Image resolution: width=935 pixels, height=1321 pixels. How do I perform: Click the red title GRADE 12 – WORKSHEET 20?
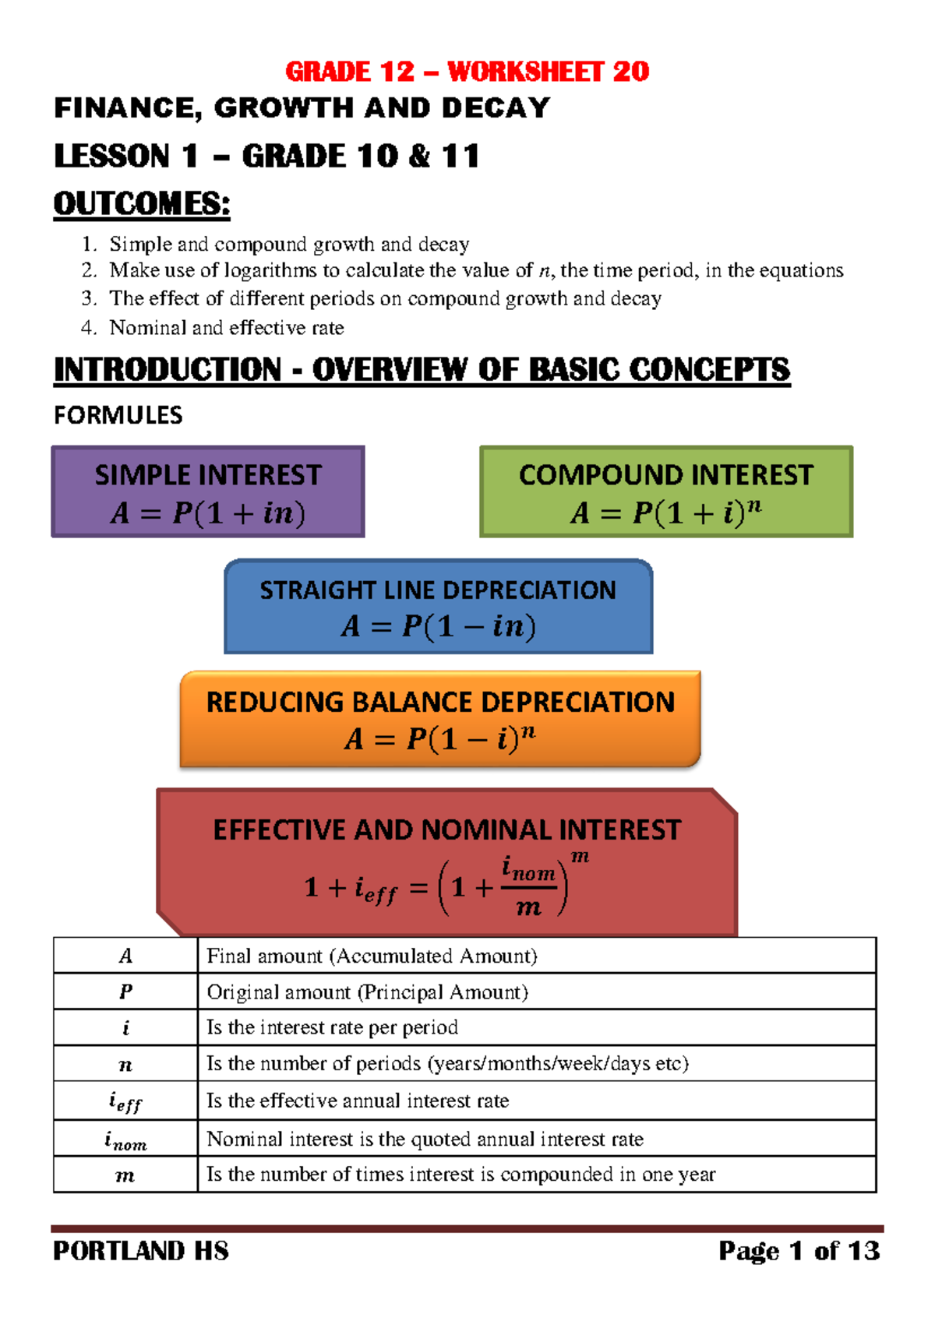[x=467, y=72]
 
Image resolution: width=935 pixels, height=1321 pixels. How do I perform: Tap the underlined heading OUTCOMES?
[x=142, y=204]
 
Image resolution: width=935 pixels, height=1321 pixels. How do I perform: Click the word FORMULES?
[x=118, y=415]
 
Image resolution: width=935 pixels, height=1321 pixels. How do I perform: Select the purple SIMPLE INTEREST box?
[x=208, y=491]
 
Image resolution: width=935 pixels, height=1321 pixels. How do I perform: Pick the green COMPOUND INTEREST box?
[x=666, y=491]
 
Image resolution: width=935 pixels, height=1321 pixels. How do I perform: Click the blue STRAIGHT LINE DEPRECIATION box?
[x=438, y=606]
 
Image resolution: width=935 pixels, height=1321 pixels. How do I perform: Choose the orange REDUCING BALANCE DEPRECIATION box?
[x=440, y=719]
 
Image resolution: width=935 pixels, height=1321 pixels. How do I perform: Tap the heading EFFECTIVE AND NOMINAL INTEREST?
[x=447, y=830]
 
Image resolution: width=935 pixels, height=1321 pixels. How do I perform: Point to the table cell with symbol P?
[x=125, y=992]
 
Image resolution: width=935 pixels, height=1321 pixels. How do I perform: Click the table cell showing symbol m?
[x=125, y=1175]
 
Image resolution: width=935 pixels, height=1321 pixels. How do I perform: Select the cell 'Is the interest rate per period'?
[x=332, y=1027]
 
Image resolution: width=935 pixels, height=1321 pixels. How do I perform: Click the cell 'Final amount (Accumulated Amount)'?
[x=372, y=956]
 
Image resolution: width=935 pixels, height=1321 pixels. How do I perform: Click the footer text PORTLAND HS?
[x=141, y=1251]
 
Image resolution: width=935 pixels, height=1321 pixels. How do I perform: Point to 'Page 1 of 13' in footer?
[x=799, y=1251]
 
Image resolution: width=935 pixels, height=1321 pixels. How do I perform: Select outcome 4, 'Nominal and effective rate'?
[x=227, y=328]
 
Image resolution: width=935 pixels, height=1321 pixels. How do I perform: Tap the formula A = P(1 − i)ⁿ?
[x=440, y=738]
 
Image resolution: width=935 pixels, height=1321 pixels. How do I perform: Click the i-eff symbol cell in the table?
[x=125, y=1101]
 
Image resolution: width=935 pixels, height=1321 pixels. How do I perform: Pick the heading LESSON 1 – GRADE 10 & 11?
[x=266, y=156]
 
